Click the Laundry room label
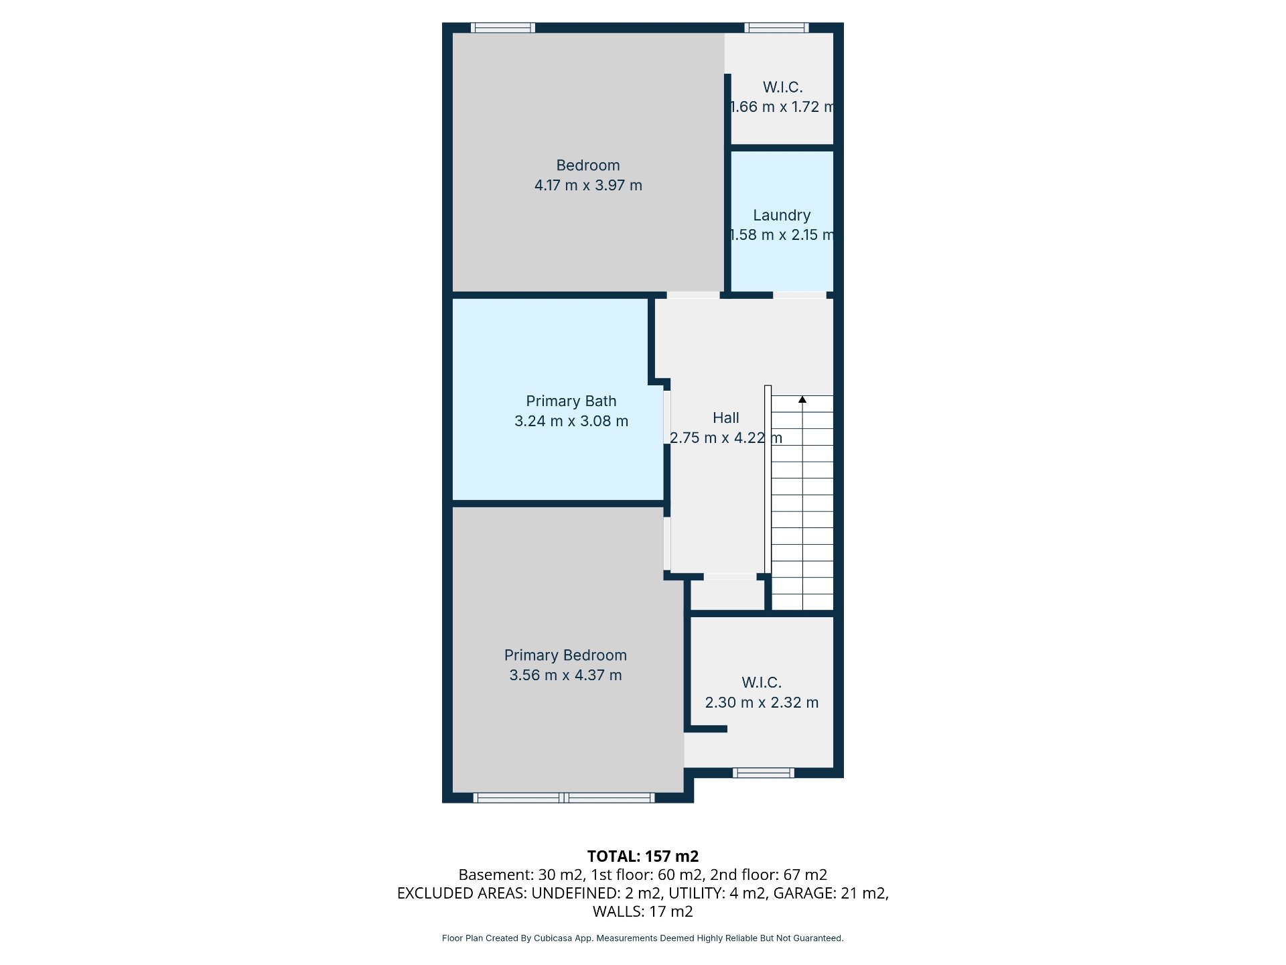[782, 215]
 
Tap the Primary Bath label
[571, 401]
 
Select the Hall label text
[726, 417]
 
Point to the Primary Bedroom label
[565, 655]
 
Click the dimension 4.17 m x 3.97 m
[588, 185]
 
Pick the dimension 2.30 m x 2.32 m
[762, 702]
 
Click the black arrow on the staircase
[802, 399]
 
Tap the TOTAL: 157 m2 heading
[643, 856]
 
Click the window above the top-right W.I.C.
[776, 27]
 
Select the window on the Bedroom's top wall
[503, 27]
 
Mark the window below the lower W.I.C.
[764, 773]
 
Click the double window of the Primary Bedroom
[564, 797]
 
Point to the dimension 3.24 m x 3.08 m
[571, 421]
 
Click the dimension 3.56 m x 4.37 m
[565, 675]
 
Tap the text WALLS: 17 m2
[643, 911]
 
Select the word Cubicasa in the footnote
[553, 938]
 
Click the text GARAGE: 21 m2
[831, 893]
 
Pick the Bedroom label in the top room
[588, 165]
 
